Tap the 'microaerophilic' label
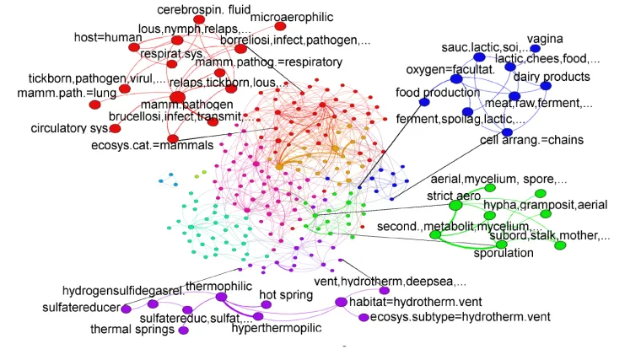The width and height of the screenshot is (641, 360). pos(292,17)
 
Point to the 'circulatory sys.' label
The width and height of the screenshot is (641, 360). pos(69,128)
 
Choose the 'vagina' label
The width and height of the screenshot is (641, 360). pos(545,39)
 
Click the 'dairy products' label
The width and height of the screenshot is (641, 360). pos(552,78)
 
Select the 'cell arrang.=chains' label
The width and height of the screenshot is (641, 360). pos(531,140)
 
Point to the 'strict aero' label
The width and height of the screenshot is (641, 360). pos(454,196)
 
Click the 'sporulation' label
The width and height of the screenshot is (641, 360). pos(504,253)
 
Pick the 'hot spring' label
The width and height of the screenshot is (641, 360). pos(286,295)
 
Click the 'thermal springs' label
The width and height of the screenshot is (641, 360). pos(132,329)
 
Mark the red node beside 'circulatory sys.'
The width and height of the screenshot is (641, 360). pos(115,128)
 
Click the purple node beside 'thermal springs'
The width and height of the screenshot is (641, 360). pos(183,330)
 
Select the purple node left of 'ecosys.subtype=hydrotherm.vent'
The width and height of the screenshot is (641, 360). pos(364,318)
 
